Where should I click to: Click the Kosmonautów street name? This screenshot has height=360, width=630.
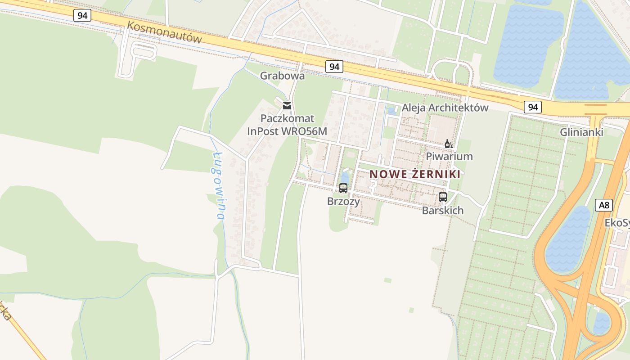pyautogui.click(x=164, y=32)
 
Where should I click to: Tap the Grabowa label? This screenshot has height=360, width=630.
pyautogui.click(x=282, y=76)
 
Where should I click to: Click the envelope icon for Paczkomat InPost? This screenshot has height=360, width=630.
pyautogui.click(x=287, y=106)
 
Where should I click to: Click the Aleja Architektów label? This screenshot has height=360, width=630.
pyautogui.click(x=445, y=108)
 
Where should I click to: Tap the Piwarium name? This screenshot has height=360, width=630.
pyautogui.click(x=449, y=156)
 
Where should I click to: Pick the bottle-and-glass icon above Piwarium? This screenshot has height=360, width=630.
pyautogui.click(x=449, y=144)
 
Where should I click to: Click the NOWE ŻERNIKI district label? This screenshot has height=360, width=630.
pyautogui.click(x=415, y=174)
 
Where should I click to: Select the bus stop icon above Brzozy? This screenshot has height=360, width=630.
pyautogui.click(x=343, y=188)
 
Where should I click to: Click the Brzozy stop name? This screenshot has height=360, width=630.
pyautogui.click(x=343, y=201)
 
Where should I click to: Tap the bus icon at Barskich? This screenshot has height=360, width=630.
pyautogui.click(x=443, y=197)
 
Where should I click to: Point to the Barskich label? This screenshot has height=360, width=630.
pyautogui.click(x=443, y=210)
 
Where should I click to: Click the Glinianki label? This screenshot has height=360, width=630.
pyautogui.click(x=581, y=132)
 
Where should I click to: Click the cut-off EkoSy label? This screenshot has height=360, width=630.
pyautogui.click(x=617, y=223)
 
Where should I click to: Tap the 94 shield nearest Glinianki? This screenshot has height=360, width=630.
pyautogui.click(x=533, y=107)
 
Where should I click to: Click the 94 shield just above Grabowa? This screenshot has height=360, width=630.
pyautogui.click(x=334, y=67)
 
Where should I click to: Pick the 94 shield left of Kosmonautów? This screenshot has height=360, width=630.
pyautogui.click(x=82, y=15)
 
